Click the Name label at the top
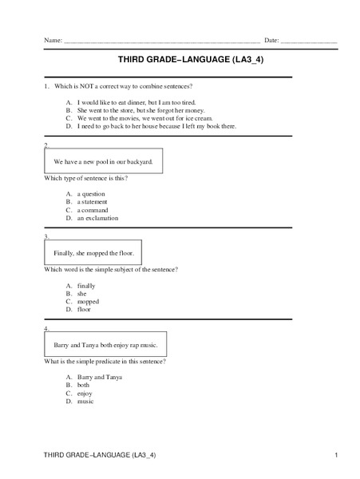coord(53,40)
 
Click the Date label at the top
coord(271,40)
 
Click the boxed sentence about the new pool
coord(103,161)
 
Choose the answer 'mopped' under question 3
coord(88,301)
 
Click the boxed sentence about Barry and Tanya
coord(105,345)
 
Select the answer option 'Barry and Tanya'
coord(99,378)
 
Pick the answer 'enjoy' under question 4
coord(85,394)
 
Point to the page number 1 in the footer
coord(338,455)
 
